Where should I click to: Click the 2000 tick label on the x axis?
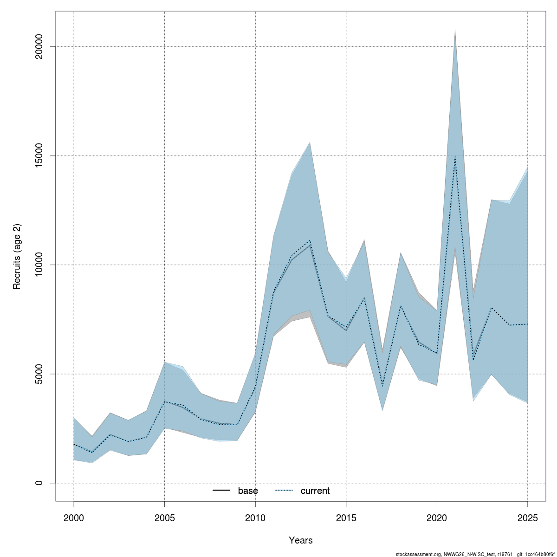point(74,518)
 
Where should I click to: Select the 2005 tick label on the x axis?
point(165,518)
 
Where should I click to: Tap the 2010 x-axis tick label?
point(255,518)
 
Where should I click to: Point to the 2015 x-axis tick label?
point(346,518)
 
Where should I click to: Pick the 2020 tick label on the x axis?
point(437,518)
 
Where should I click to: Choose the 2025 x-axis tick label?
point(528,518)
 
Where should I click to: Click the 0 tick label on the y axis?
point(39,483)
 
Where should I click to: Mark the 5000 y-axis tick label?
point(39,374)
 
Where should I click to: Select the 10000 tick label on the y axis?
point(39,265)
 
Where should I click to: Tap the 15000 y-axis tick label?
point(39,155)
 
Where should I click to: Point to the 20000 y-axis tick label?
point(39,46)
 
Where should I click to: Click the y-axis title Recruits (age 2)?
point(17,257)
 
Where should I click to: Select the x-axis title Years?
point(301,540)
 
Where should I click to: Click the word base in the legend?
point(248,491)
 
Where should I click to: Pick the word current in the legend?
point(315,491)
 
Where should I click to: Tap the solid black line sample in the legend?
point(221,491)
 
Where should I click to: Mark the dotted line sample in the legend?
point(284,491)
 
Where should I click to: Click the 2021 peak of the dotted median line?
point(455,157)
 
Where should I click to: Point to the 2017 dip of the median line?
point(382,386)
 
